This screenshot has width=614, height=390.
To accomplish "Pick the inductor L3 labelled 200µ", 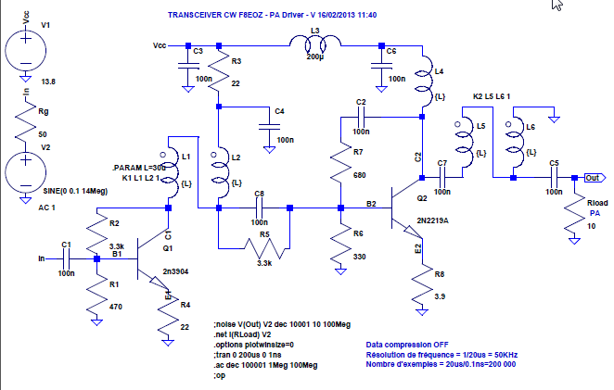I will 313,44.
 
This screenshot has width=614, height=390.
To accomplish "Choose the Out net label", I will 593,177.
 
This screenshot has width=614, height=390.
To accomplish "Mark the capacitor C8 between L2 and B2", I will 260,208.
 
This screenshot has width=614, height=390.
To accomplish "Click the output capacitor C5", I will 553,177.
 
